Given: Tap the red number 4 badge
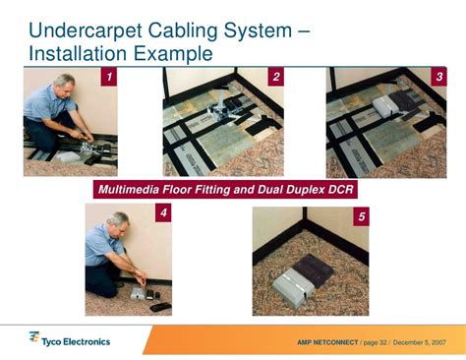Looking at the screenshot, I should tap(163, 211).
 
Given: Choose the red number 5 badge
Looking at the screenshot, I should tap(361, 216).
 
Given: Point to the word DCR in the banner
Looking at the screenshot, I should tap(340, 187).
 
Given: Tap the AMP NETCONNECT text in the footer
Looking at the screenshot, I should tap(327, 343).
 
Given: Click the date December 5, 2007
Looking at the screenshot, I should tap(425, 343).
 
